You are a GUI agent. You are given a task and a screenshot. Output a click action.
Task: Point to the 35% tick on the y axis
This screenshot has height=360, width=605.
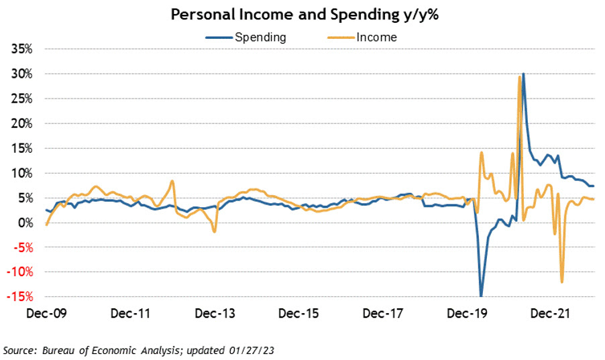click(x=21, y=49)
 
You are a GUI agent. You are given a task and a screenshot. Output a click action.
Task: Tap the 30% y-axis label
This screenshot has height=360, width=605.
click(x=21, y=74)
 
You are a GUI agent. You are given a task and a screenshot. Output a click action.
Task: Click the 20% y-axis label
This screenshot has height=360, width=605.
click(x=21, y=123)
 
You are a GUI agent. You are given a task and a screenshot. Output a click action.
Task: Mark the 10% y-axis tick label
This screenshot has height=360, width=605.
click(x=21, y=173)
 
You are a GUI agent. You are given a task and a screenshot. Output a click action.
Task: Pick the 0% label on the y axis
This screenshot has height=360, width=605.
click(x=25, y=223)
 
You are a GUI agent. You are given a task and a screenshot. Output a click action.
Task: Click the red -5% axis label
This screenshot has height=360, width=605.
click(x=23, y=247)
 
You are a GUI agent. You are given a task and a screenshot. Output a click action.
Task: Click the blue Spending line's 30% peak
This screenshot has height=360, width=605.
click(x=523, y=74)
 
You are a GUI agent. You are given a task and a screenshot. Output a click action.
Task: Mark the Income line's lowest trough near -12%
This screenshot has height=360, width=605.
click(x=561, y=282)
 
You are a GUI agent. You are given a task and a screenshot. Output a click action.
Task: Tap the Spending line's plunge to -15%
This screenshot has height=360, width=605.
click(x=480, y=296)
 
